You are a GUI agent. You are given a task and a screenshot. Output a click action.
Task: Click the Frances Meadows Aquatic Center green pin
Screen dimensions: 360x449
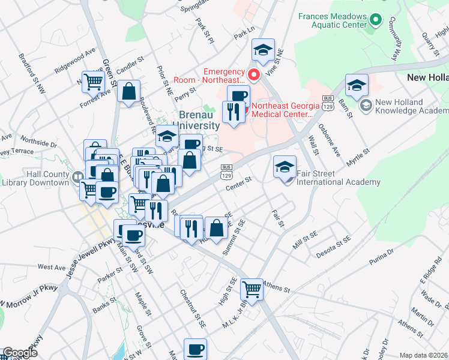click(376, 20)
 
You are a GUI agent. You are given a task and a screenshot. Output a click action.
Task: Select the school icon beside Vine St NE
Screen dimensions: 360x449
click(262, 50)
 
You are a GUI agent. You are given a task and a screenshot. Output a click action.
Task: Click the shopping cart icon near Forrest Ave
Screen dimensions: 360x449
click(93, 81)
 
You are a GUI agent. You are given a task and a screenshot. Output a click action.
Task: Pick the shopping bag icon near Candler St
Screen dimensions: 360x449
click(129, 92)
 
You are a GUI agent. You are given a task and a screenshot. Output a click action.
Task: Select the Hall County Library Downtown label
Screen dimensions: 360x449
click(37, 177)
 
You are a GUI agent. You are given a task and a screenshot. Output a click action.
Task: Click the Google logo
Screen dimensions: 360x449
click(19, 353)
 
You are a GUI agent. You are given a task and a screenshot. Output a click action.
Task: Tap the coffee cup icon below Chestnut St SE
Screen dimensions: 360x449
click(195, 349)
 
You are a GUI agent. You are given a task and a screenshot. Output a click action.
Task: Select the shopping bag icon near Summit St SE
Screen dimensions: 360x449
click(217, 228)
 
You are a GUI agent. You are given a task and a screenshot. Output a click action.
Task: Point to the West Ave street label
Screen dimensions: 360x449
click(51, 266)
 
